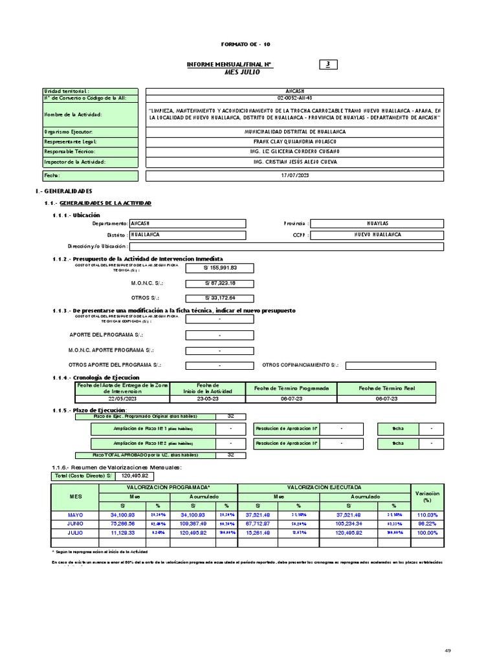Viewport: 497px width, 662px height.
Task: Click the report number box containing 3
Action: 328,64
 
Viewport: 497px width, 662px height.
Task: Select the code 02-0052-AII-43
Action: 294,98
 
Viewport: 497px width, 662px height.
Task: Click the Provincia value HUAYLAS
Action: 377,223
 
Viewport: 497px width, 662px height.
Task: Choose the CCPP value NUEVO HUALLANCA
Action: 377,234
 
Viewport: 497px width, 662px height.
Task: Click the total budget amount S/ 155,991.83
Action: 220,268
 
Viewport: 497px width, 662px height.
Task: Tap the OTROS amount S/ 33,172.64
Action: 220,298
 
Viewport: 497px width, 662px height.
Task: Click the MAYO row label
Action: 76,515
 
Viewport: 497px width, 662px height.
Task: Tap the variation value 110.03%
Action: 426,515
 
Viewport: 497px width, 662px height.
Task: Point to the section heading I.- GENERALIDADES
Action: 63,191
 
